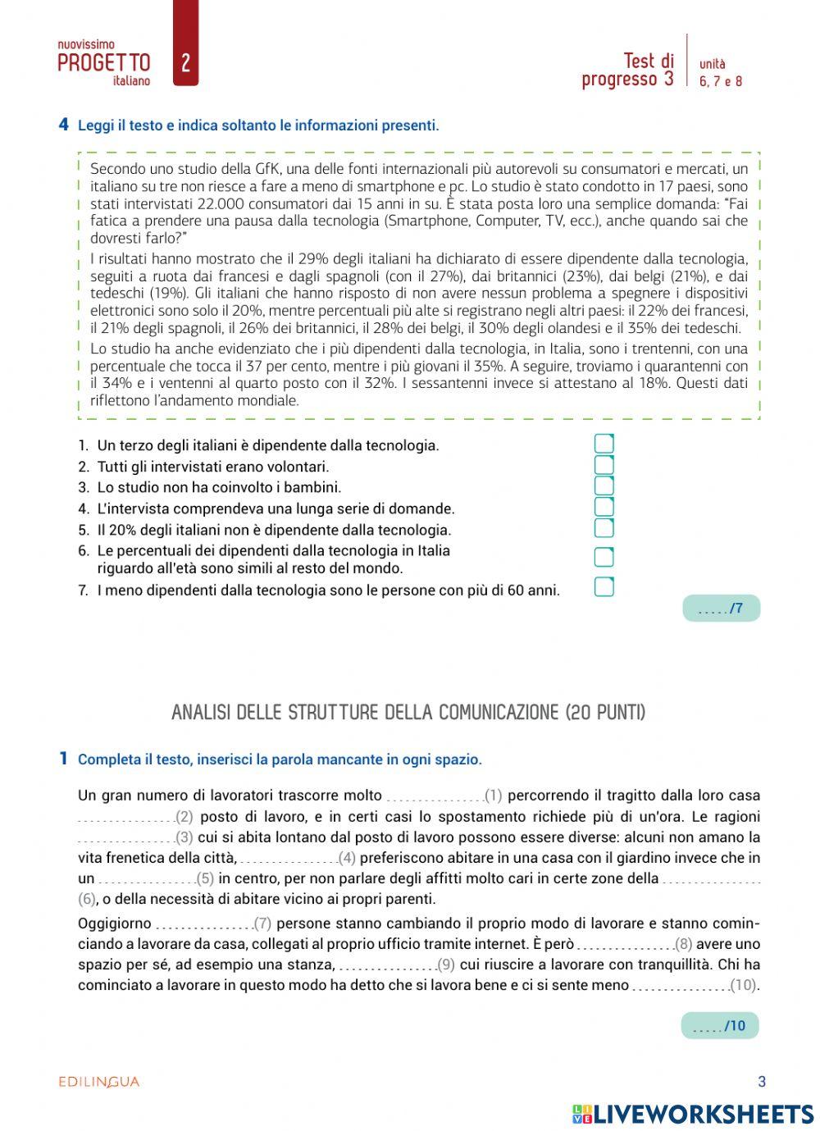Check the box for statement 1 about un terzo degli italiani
pyautogui.click(x=604, y=444)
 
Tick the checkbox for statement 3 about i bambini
pyautogui.click(x=604, y=486)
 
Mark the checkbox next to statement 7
pyautogui.click(x=604, y=587)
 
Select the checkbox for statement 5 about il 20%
pyautogui.click(x=604, y=528)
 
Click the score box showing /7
pyautogui.click(x=721, y=609)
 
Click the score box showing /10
pyautogui.click(x=719, y=1026)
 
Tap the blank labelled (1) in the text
pyautogui.click(x=435, y=796)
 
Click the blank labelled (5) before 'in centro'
pyautogui.click(x=146, y=879)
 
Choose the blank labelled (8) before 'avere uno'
pyautogui.click(x=625, y=945)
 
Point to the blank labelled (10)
pyautogui.click(x=681, y=986)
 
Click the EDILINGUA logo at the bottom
pyautogui.click(x=99, y=1082)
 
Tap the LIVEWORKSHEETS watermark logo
pyautogui.click(x=693, y=1114)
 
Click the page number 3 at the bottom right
pyautogui.click(x=761, y=1082)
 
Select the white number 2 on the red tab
pyautogui.click(x=185, y=63)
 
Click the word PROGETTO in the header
pyautogui.click(x=104, y=63)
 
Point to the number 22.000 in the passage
pyautogui.click(x=216, y=204)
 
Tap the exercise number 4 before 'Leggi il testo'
pyautogui.click(x=63, y=125)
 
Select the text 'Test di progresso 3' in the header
pyautogui.click(x=628, y=70)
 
